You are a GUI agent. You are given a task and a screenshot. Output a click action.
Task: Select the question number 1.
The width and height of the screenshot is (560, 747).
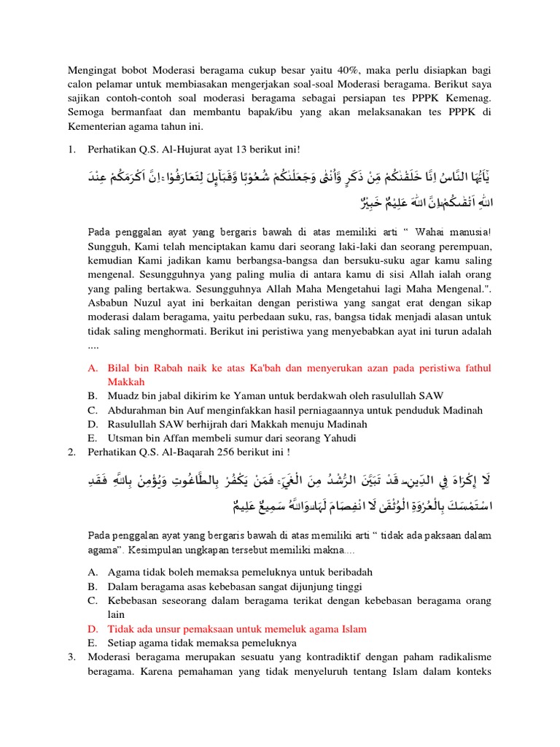[x=71, y=150]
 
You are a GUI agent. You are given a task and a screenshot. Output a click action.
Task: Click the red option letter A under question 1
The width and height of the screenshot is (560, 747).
[x=92, y=368]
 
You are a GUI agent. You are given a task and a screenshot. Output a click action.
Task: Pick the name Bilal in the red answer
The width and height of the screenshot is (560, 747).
[x=120, y=368]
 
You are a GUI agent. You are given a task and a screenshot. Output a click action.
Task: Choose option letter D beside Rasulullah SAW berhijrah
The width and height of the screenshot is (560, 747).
[x=92, y=423]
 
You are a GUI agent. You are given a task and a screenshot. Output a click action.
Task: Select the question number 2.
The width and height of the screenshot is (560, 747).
[x=71, y=452]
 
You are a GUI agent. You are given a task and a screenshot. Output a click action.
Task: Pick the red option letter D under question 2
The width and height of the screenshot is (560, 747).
[x=92, y=628]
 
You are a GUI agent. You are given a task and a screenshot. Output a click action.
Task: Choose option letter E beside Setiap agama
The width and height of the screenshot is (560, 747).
[x=92, y=643]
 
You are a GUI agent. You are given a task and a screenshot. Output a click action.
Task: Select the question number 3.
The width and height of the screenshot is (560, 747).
[x=71, y=657]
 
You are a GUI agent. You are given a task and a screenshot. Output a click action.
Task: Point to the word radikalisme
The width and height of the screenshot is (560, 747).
[x=462, y=657]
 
